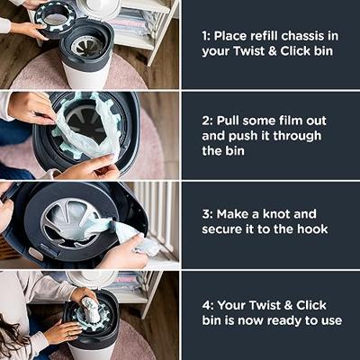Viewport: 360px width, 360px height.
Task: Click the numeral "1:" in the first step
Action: coord(208,36)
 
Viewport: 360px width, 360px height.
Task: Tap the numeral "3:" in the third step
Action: coord(208,214)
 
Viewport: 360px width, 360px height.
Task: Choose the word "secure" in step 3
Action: coord(222,229)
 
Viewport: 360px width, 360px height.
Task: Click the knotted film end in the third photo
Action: coord(135,236)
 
